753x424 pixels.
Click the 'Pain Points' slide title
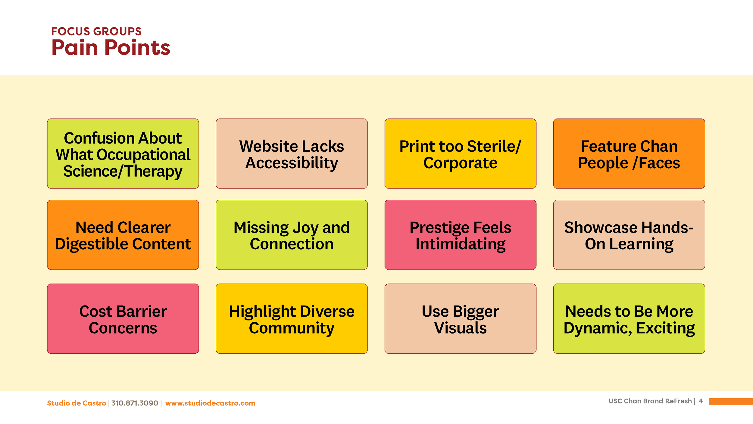pos(111,48)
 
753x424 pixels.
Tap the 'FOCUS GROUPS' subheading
pos(96,31)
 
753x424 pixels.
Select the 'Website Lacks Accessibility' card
pos(292,154)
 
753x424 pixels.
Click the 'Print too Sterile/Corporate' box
pos(460,154)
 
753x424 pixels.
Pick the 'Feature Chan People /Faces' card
pos(629,154)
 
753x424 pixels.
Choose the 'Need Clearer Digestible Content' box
pos(123,235)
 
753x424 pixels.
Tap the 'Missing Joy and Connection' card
pos(292,235)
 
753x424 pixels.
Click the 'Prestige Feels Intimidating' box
pos(460,235)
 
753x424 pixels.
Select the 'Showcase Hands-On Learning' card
pos(629,235)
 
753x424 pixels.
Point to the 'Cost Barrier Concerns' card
pos(123,319)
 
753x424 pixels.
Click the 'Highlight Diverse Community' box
pos(292,319)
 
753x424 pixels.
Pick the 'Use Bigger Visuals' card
pos(460,319)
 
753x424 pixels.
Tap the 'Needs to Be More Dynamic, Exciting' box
pos(629,319)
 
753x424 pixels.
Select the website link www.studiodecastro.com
pos(210,403)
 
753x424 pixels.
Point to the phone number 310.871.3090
pos(135,403)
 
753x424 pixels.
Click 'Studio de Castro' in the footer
pos(77,403)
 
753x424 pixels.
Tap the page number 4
pos(701,401)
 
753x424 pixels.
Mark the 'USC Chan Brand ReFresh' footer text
pos(650,401)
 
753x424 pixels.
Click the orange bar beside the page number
pos(731,401)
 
